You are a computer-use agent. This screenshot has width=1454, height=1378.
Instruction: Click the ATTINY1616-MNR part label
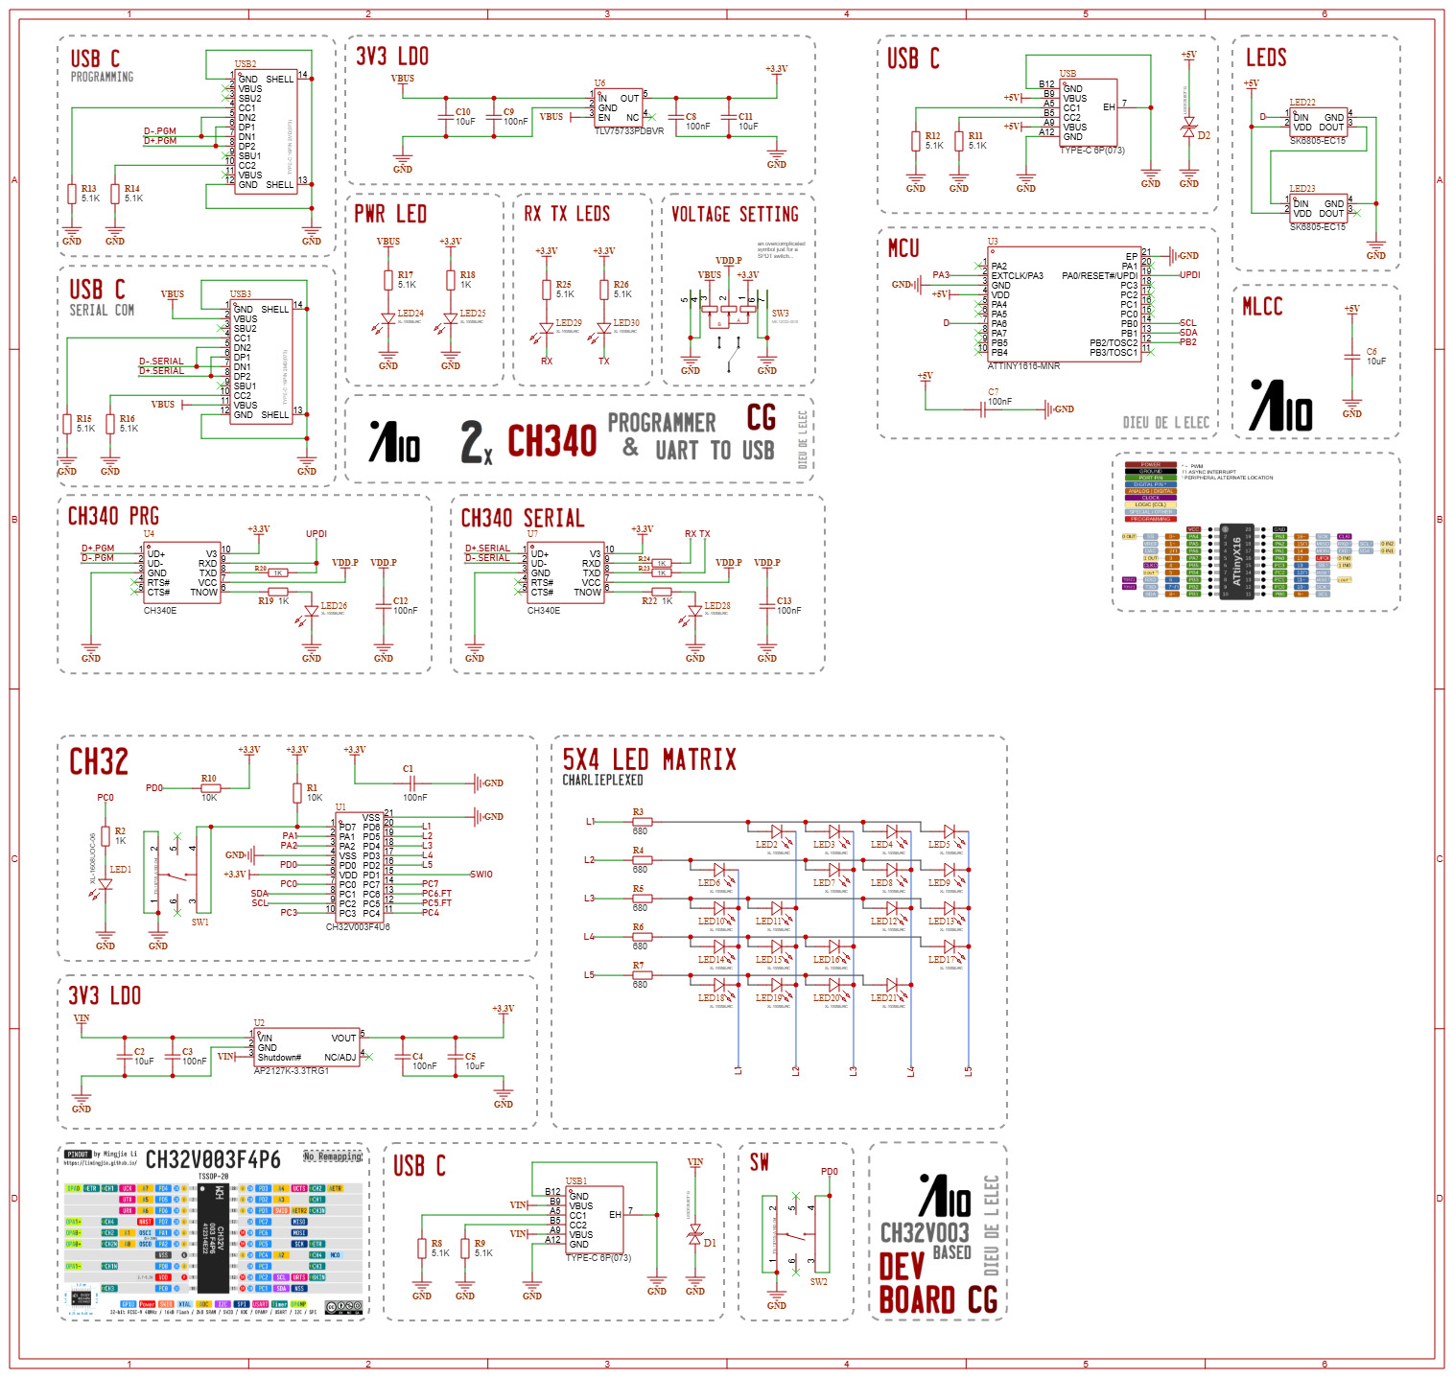[x=1023, y=365]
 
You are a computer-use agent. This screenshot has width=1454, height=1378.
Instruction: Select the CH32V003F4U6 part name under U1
[x=358, y=927]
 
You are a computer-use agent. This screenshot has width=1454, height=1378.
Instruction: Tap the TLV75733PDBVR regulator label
[x=629, y=131]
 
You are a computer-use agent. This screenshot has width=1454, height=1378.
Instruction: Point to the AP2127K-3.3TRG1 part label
[x=292, y=1070]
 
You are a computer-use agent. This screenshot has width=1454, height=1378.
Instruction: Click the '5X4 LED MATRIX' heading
[x=649, y=760]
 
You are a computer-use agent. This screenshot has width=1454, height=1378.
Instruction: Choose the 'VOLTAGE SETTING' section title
[x=735, y=215]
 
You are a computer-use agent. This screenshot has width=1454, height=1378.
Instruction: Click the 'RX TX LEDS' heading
[x=567, y=214]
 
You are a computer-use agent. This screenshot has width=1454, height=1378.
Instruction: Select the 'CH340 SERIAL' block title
[x=523, y=519]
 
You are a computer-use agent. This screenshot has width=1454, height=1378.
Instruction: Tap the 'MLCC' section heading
[x=1262, y=307]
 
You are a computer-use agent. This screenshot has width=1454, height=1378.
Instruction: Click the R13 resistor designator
[x=88, y=189]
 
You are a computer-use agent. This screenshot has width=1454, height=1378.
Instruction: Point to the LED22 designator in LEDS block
[x=1302, y=103]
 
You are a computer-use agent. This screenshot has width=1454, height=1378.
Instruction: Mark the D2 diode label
[x=1204, y=136]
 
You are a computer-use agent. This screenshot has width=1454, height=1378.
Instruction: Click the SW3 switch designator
[x=780, y=314]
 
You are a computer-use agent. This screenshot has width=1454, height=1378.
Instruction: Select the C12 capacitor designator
[x=400, y=601]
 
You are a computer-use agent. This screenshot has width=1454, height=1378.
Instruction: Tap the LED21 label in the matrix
[x=883, y=998]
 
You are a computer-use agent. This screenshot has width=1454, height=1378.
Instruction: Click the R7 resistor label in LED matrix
[x=638, y=966]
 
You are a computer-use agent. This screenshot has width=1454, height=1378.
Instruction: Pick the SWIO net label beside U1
[x=481, y=875]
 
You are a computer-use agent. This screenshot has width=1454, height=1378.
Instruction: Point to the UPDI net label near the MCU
[x=1189, y=275]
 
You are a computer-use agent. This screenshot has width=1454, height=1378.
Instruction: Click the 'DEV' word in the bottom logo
[x=901, y=1267]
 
